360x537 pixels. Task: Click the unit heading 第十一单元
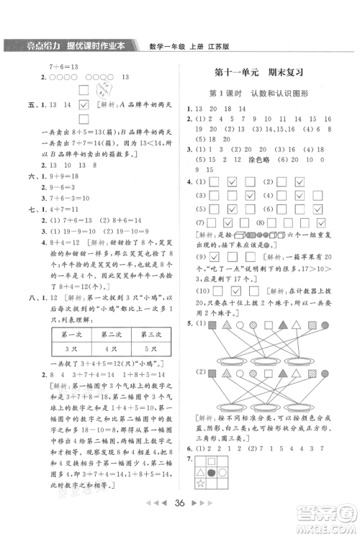pyautogui.click(x=237, y=73)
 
